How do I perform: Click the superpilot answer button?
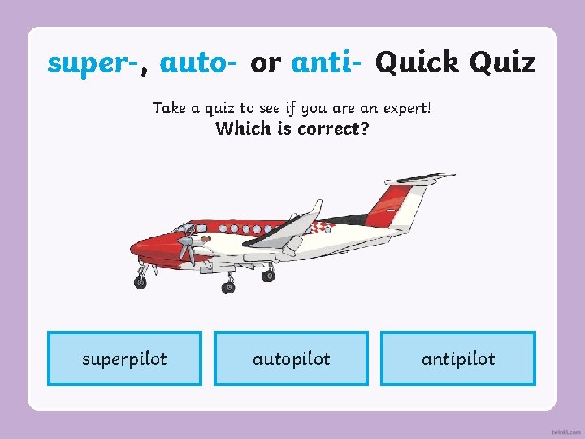[124, 359]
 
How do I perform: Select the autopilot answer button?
[291, 359]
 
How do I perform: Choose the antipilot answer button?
[458, 359]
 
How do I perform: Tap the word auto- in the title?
[199, 63]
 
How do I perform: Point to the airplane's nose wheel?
[141, 282]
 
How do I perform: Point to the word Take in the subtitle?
[169, 107]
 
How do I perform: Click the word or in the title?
[265, 63]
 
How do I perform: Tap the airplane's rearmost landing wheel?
[267, 276]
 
